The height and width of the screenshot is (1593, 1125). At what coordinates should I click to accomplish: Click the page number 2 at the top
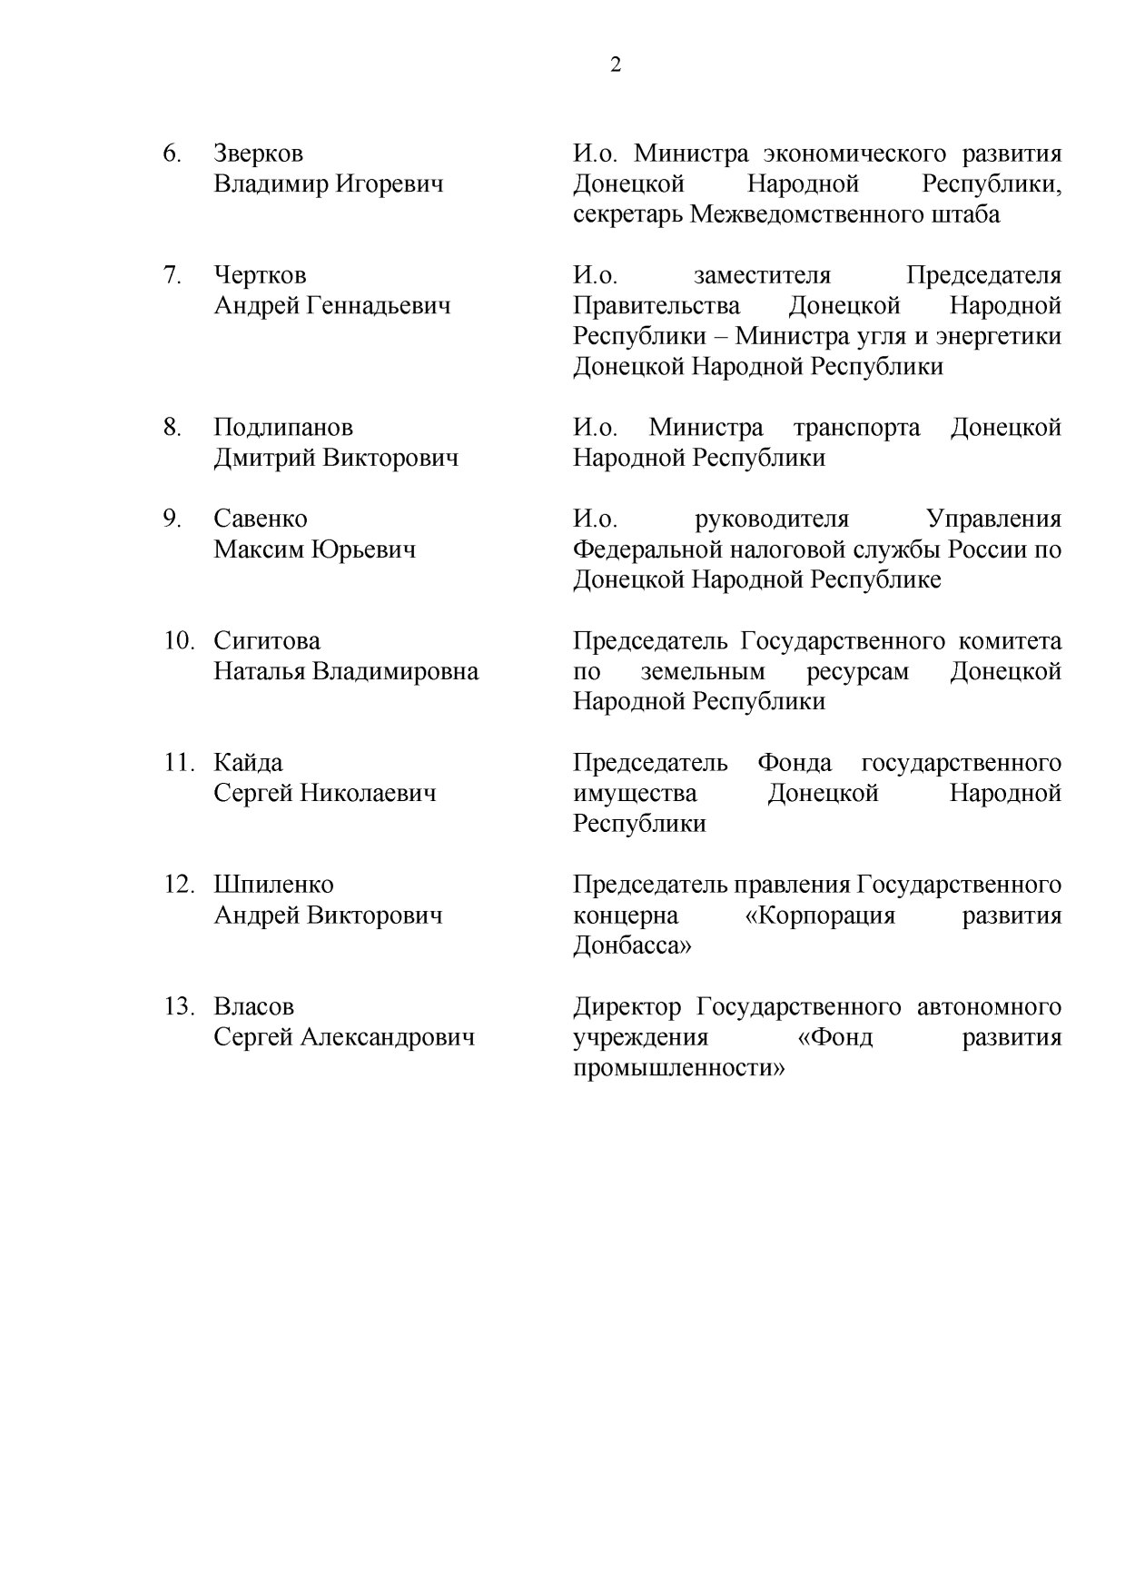tap(616, 64)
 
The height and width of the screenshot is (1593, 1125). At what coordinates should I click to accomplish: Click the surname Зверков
tap(258, 153)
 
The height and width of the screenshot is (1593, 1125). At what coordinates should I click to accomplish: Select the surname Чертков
tap(260, 275)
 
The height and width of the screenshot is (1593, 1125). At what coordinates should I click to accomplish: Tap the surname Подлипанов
tap(283, 427)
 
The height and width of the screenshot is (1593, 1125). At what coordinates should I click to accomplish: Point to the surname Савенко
tap(261, 519)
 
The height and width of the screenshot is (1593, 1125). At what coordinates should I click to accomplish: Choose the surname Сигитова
tap(267, 641)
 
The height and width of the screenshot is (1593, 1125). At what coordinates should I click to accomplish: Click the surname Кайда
tap(248, 763)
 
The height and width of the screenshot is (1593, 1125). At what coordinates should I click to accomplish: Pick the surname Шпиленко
tap(273, 885)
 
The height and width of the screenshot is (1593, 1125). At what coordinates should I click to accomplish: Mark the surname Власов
tap(253, 1007)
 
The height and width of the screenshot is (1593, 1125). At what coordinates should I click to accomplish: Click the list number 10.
tap(179, 641)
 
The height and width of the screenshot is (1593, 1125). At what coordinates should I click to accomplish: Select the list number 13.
tap(179, 1007)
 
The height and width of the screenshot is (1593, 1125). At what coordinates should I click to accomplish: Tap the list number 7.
tap(173, 275)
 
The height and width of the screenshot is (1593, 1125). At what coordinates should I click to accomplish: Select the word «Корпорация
tap(820, 915)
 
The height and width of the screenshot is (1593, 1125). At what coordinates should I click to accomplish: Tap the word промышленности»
tap(678, 1068)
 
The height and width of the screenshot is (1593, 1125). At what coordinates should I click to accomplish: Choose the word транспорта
tap(856, 427)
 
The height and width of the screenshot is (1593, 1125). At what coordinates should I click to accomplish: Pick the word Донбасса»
tap(632, 945)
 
